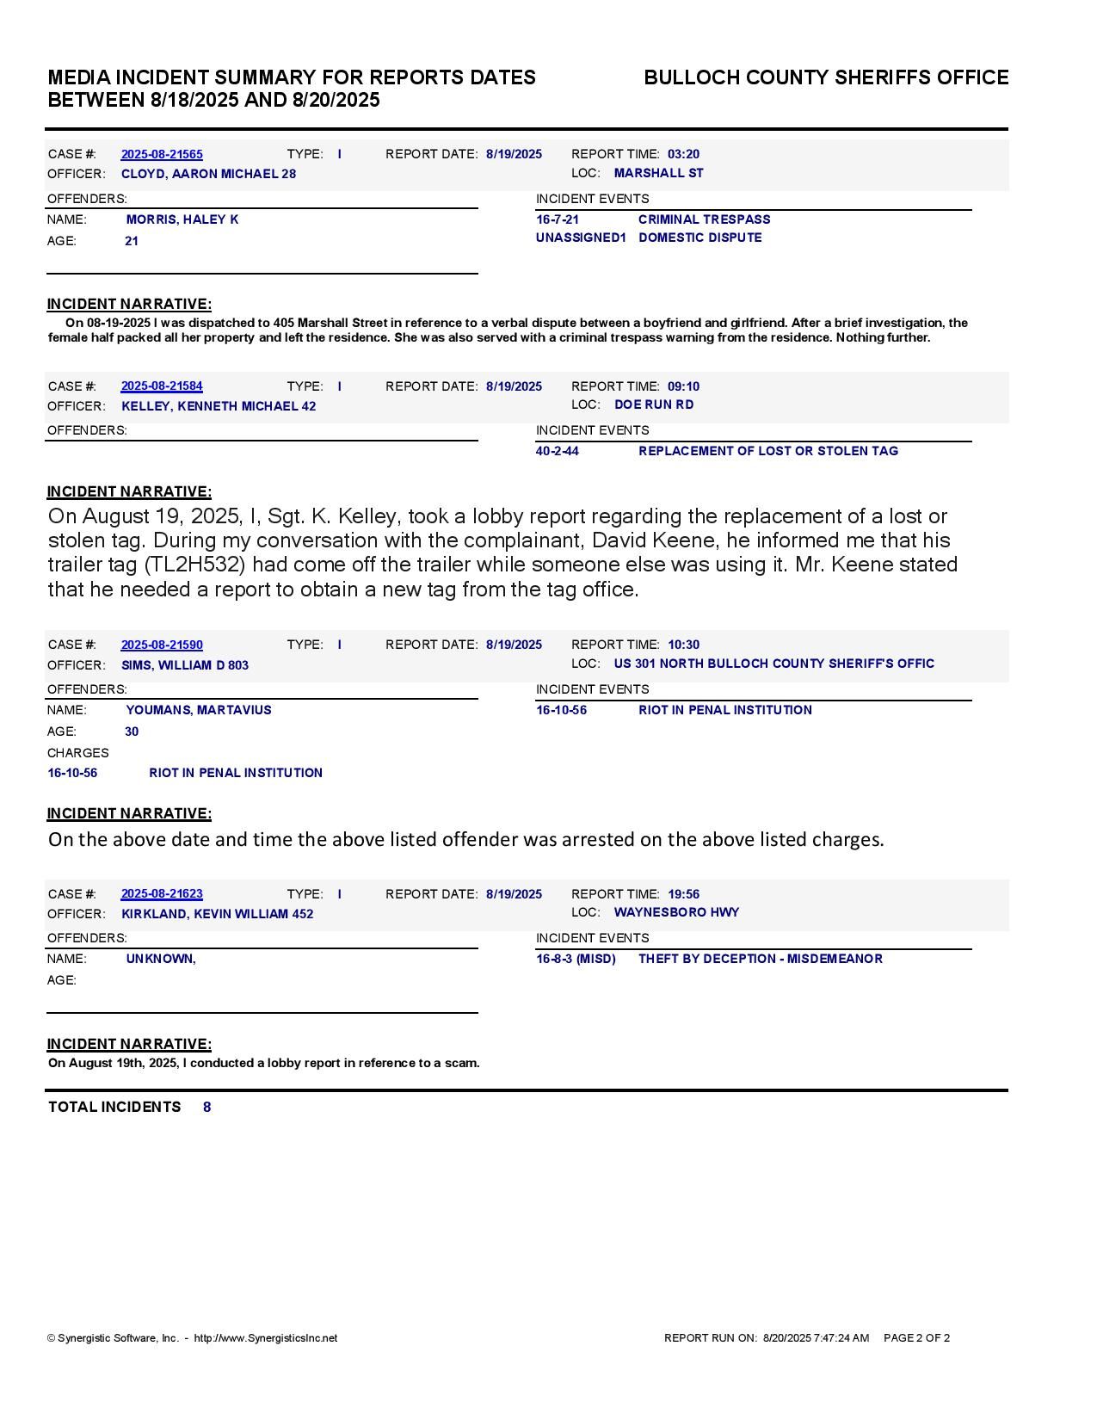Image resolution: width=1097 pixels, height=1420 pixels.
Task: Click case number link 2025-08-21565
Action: pyautogui.click(x=162, y=154)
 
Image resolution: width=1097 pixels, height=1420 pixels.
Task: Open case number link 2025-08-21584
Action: pyautogui.click(x=162, y=386)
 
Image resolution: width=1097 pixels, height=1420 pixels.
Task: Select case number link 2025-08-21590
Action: pyautogui.click(x=162, y=645)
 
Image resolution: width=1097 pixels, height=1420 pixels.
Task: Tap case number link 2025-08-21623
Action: pyautogui.click(x=162, y=894)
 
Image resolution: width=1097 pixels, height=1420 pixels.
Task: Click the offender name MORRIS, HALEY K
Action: pyautogui.click(x=182, y=219)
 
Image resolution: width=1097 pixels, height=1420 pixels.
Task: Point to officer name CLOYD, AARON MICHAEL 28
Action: pyautogui.click(x=208, y=174)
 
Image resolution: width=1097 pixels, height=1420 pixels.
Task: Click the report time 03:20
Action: pyautogui.click(x=683, y=154)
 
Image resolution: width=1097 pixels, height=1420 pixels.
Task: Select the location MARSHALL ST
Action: pyautogui.click(x=658, y=173)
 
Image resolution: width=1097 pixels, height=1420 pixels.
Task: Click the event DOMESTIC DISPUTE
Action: pyautogui.click(x=699, y=238)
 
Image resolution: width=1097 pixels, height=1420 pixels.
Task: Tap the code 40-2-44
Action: pyautogui.click(x=557, y=451)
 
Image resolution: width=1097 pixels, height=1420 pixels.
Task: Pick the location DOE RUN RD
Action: pyautogui.click(x=654, y=404)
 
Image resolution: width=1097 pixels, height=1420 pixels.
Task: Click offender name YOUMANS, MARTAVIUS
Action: pyautogui.click(x=199, y=710)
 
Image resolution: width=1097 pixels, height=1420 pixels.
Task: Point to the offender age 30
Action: pyautogui.click(x=132, y=732)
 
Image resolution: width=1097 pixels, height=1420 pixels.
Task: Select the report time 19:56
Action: pyautogui.click(x=683, y=894)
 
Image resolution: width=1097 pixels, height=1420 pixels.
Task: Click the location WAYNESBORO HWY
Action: pyautogui.click(x=676, y=912)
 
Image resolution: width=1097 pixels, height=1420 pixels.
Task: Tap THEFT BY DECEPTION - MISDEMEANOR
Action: pyautogui.click(x=760, y=959)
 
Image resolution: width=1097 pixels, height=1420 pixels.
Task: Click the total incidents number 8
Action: pyautogui.click(x=206, y=1107)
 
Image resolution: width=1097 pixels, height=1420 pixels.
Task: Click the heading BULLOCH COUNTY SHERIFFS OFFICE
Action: pyautogui.click(x=826, y=77)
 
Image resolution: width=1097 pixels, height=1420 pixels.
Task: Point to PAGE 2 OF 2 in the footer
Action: pyautogui.click(x=916, y=1338)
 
